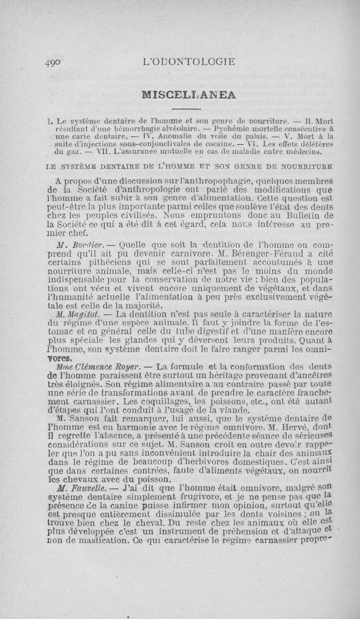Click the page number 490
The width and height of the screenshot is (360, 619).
tap(55, 63)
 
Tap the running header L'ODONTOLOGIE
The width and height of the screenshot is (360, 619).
tap(189, 62)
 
